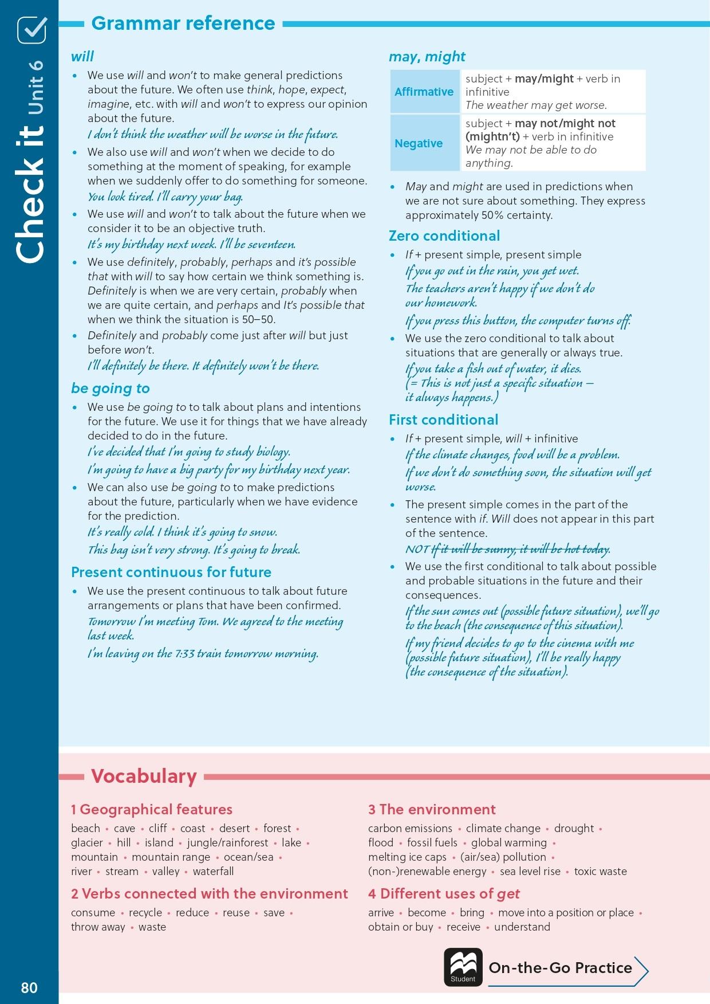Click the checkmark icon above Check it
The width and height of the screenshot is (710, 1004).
click(x=31, y=30)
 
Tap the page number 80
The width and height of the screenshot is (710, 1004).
click(x=29, y=987)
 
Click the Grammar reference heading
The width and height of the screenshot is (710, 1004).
click(x=183, y=23)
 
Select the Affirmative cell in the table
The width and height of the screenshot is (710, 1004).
click(x=424, y=92)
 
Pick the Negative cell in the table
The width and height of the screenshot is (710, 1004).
click(x=419, y=143)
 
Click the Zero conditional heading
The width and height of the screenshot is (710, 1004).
click(x=444, y=236)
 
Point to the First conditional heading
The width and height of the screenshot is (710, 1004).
click(x=444, y=420)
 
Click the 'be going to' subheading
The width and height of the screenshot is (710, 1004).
click(x=111, y=389)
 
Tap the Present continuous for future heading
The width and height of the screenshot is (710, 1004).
click(x=171, y=572)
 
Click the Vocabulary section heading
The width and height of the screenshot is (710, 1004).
click(x=144, y=776)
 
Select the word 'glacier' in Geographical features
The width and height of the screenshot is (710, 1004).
click(x=87, y=842)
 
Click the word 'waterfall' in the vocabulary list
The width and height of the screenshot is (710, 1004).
click(x=213, y=871)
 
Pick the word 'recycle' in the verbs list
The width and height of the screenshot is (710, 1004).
click(x=145, y=912)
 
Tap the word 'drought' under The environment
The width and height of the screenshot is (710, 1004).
click(x=574, y=828)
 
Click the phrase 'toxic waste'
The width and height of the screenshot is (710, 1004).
click(x=600, y=871)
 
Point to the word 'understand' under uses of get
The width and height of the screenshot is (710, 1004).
click(x=522, y=927)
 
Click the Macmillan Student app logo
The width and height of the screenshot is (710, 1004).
click(x=463, y=967)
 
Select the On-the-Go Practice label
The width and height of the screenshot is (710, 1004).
click(x=560, y=968)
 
